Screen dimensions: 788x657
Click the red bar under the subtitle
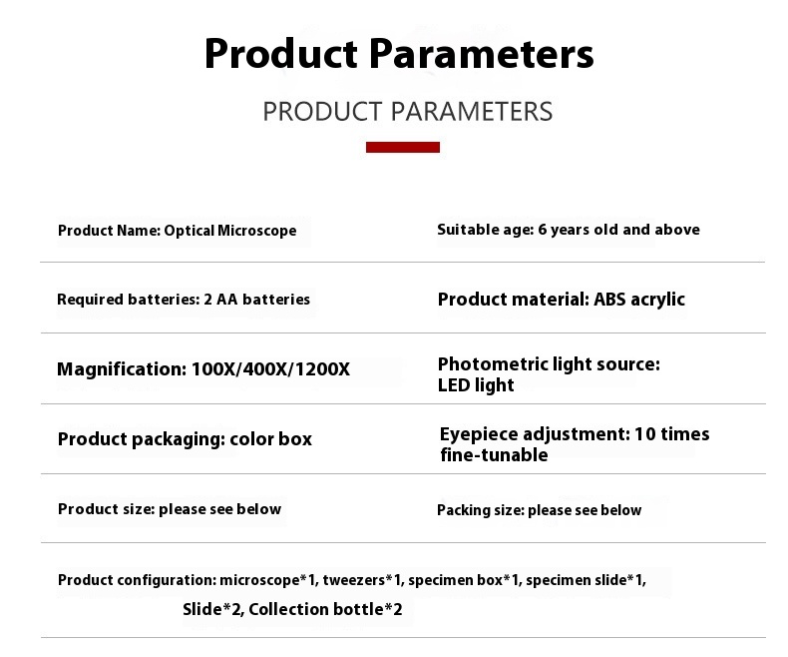tap(403, 147)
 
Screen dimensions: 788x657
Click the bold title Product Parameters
tap(399, 53)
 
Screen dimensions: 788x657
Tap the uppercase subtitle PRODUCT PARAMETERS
tap(408, 111)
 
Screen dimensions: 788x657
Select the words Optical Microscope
tap(230, 231)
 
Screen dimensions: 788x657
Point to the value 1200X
tap(322, 369)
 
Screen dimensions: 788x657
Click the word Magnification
tap(122, 369)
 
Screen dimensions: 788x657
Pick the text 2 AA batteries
tap(256, 300)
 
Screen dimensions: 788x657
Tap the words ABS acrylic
tap(639, 300)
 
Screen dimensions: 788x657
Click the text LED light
tap(476, 385)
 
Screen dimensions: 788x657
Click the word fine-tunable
tap(494, 455)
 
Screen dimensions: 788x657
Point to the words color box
tap(271, 439)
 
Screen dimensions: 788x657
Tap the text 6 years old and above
tap(618, 230)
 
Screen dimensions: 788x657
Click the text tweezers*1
tap(362, 580)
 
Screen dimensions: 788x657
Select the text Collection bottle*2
tap(325, 609)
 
